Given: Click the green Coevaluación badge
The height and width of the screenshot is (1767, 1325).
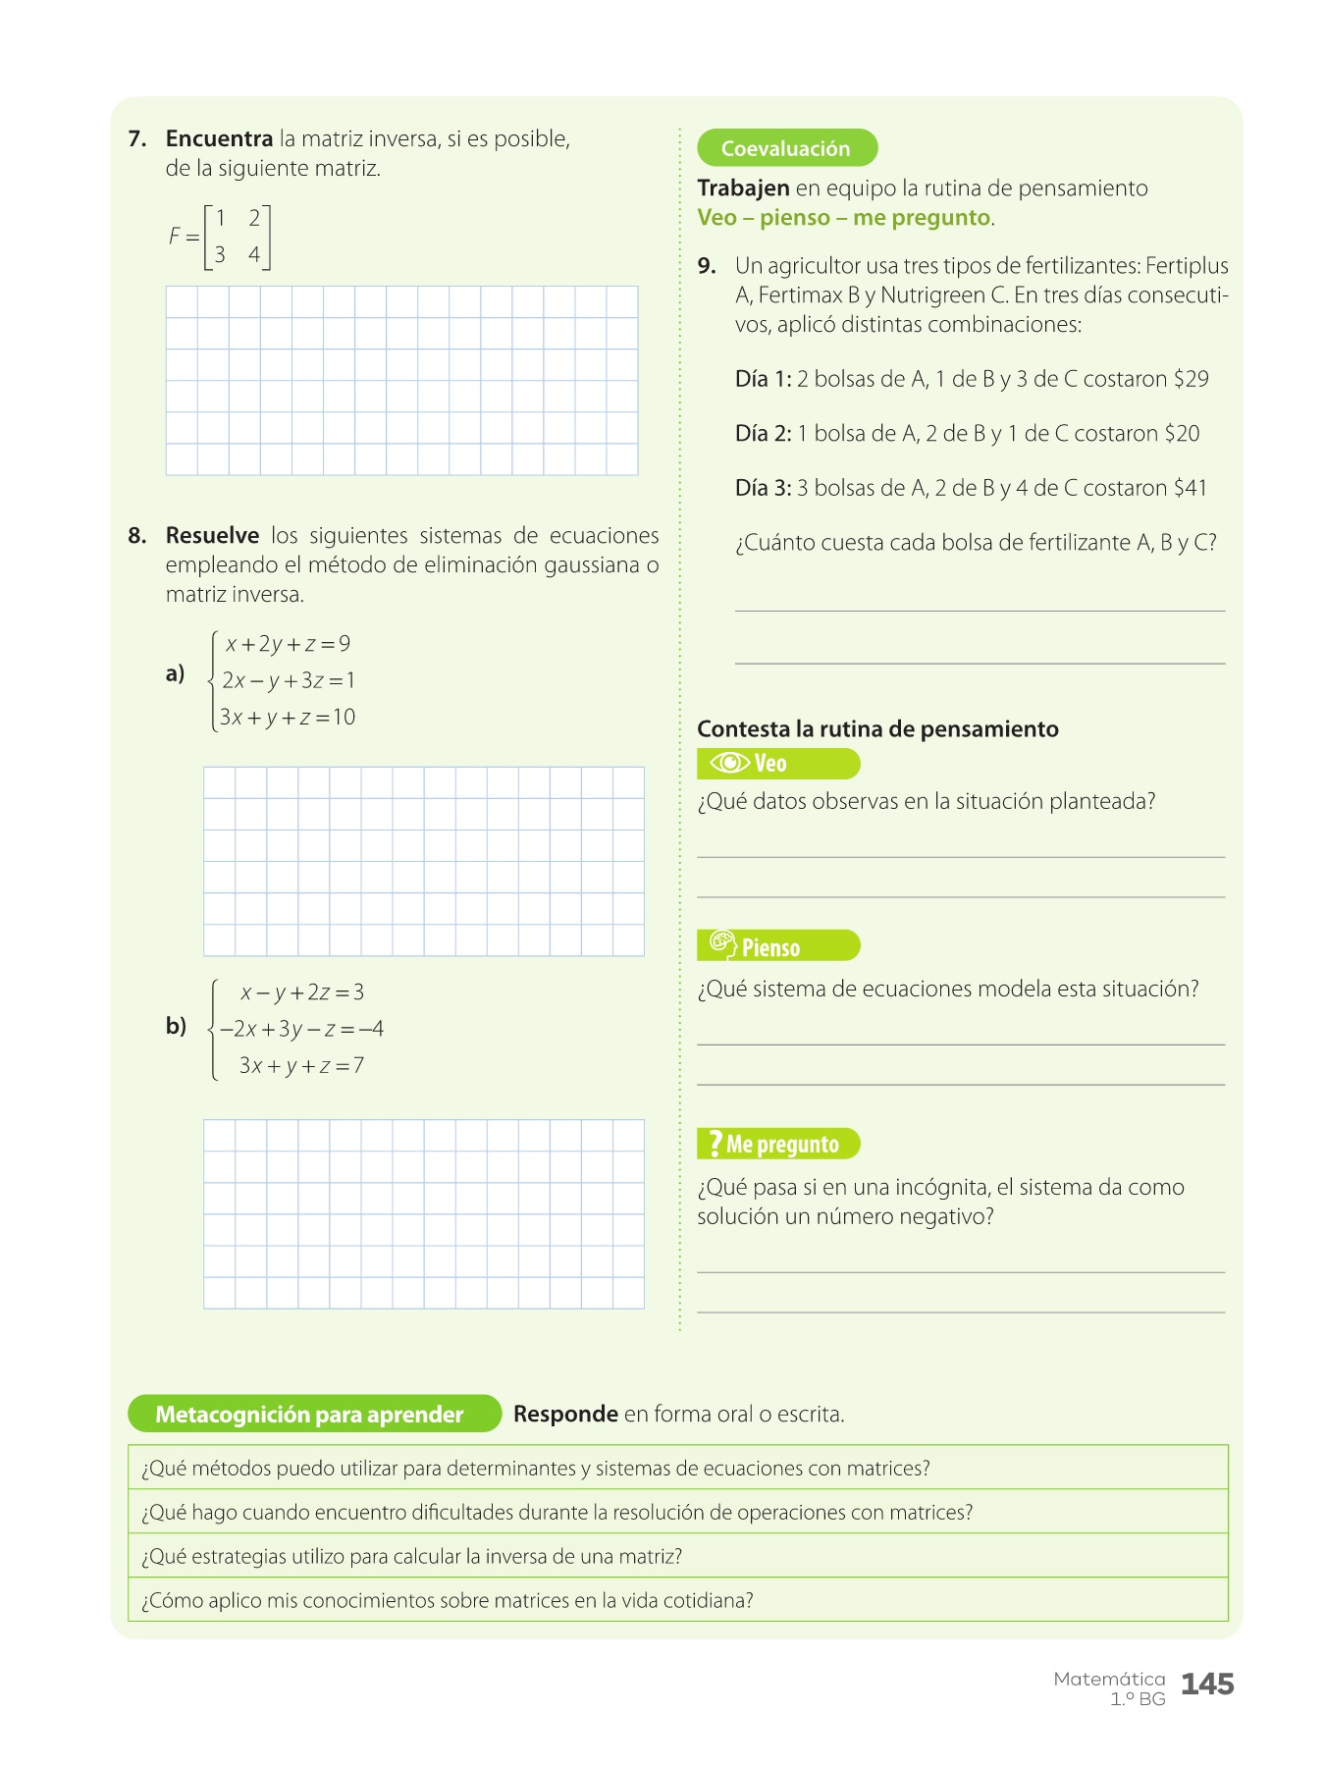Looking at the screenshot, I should [x=786, y=148].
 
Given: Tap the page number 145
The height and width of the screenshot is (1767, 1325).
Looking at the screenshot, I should [x=1207, y=1685].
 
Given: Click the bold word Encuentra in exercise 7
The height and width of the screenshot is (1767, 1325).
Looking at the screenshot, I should [x=219, y=139].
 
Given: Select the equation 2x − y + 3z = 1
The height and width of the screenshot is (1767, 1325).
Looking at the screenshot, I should [x=289, y=680].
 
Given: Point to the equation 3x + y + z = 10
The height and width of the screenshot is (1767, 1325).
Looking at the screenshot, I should [x=288, y=718].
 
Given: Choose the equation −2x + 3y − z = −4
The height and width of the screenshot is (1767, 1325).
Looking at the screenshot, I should [x=301, y=1029].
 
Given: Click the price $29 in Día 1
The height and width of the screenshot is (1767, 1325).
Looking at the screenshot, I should [x=1191, y=379].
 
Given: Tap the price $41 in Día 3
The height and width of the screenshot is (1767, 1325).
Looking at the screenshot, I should [x=1189, y=488].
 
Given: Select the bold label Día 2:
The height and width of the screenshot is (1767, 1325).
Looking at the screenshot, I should [x=763, y=434].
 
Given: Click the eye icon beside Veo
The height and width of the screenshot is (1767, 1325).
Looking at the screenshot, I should [x=729, y=763].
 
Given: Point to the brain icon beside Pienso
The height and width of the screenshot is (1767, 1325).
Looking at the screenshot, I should [x=723, y=944].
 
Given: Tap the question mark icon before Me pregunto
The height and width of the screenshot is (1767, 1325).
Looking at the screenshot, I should [x=715, y=1144].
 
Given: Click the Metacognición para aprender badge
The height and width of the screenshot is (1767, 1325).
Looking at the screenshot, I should [x=309, y=1415].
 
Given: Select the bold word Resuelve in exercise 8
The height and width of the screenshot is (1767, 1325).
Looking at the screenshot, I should [x=212, y=536].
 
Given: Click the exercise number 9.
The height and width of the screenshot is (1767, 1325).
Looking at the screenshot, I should [x=707, y=266].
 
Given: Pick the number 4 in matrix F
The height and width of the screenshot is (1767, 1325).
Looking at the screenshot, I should [x=254, y=255].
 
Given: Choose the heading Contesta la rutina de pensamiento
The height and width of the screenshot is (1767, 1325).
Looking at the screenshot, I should [x=877, y=729].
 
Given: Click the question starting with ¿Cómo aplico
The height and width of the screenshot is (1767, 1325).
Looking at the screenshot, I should [x=448, y=1601].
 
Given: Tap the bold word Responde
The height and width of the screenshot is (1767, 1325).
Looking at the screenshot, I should [x=565, y=1415].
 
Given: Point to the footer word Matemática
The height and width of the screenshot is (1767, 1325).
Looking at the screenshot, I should [x=1109, y=1680].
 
